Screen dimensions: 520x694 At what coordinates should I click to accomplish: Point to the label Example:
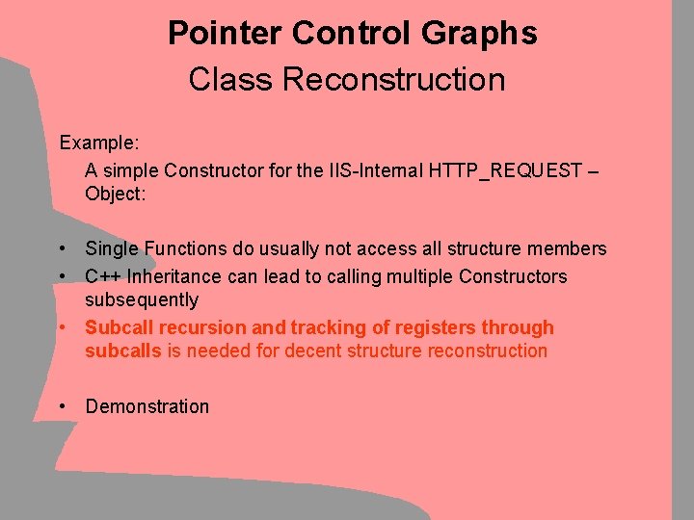(99, 143)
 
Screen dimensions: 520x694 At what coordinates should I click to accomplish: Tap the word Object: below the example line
(115, 193)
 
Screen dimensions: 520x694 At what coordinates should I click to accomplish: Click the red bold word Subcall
(118, 327)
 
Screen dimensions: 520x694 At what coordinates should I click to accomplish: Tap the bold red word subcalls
(123, 351)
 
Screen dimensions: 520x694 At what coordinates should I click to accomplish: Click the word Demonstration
(147, 406)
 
